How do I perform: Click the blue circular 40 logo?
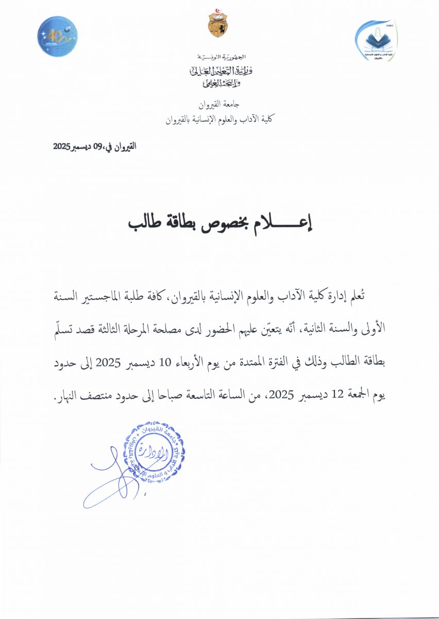click(57, 36)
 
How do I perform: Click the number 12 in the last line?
click(336, 396)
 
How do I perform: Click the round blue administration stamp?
click(154, 451)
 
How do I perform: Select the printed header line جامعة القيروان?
click(218, 104)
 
